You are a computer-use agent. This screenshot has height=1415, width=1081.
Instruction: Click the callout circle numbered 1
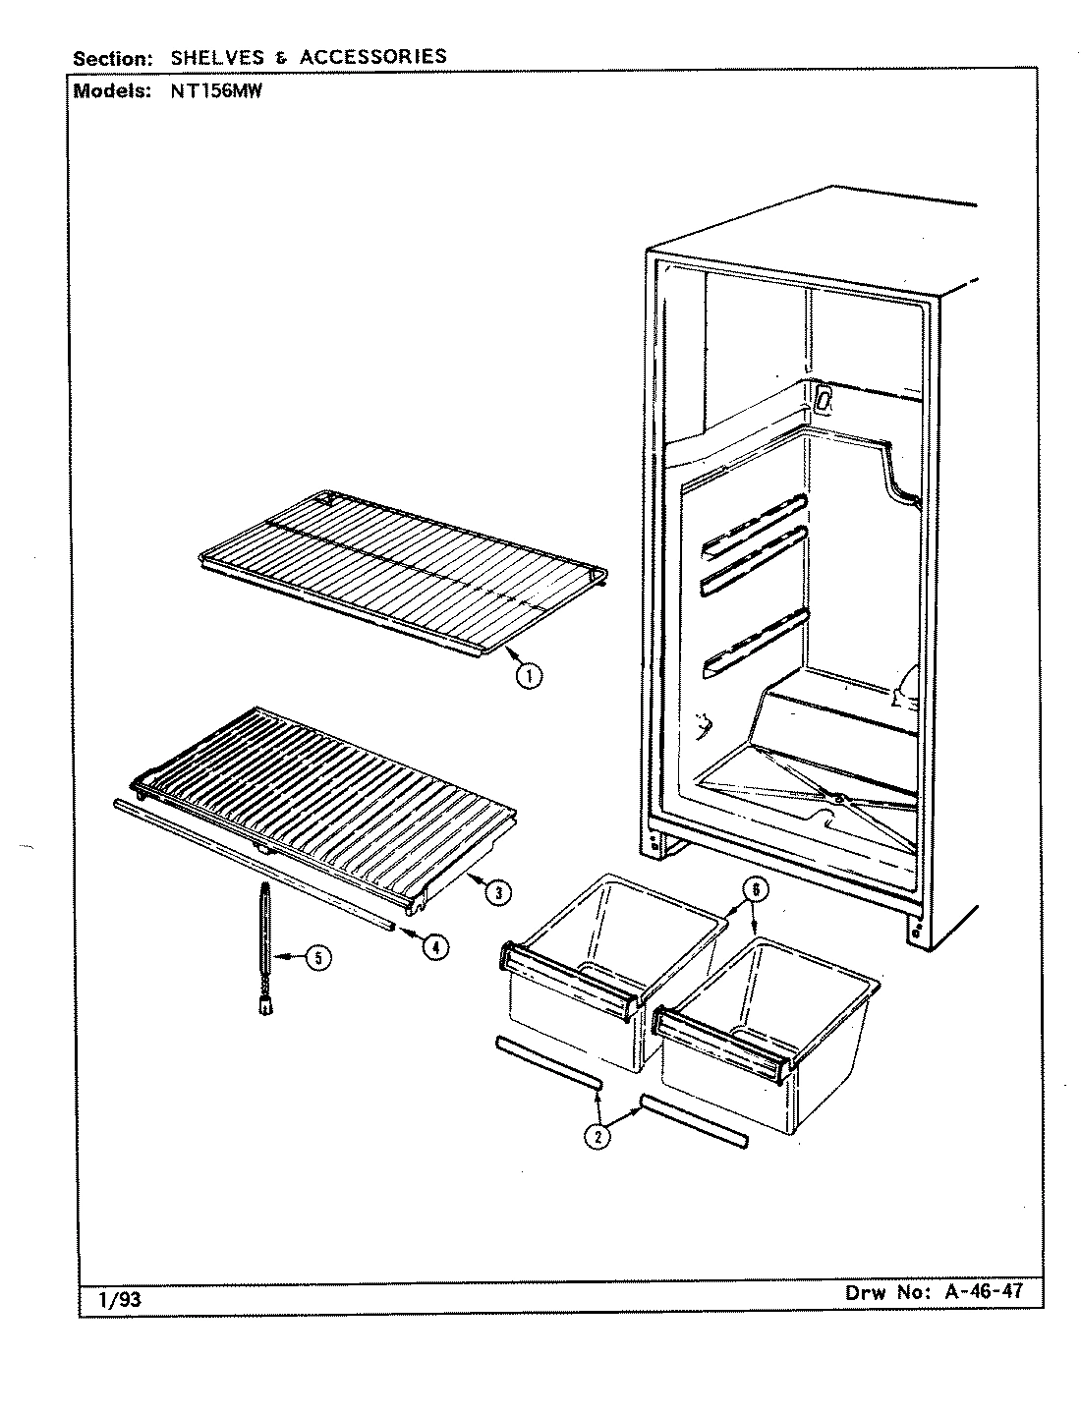click(529, 675)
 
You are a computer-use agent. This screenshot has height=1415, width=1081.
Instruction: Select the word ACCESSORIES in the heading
click(372, 57)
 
